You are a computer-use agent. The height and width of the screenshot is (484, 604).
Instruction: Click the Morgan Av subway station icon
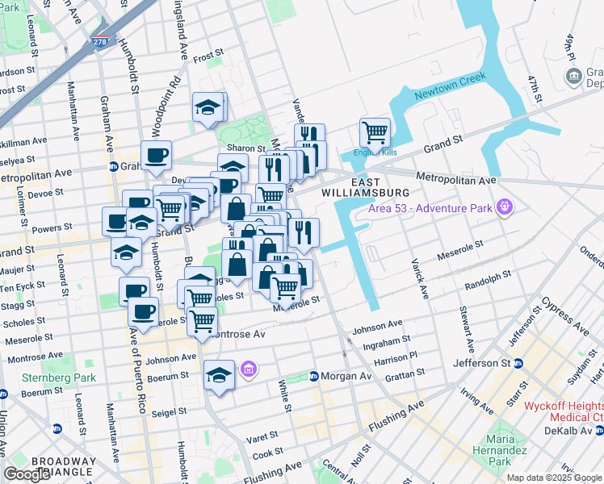coord(314,377)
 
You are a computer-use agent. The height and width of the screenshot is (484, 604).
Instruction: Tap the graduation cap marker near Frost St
coord(208,107)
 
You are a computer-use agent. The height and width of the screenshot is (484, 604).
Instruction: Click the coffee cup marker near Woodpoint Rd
coord(156,154)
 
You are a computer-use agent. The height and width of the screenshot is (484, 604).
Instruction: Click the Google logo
coord(27,474)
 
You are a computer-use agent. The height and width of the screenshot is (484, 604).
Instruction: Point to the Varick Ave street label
coord(421,266)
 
